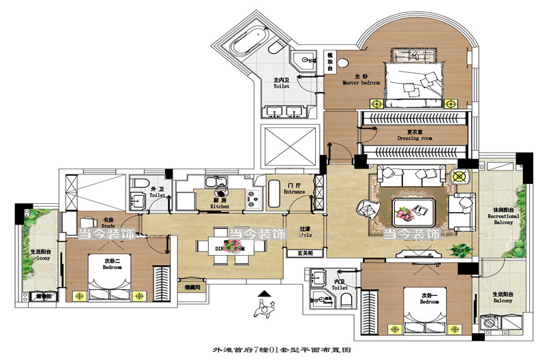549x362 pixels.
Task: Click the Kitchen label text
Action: [219, 202]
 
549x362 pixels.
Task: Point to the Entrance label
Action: [295, 188]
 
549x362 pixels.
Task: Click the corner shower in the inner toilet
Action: [317, 294]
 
